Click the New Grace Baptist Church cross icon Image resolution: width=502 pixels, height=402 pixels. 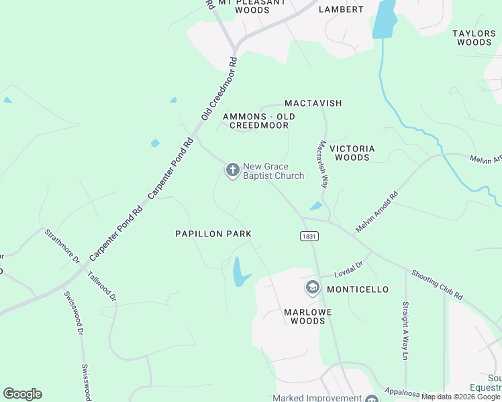click(232, 171)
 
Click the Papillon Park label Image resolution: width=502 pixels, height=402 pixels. click(213, 234)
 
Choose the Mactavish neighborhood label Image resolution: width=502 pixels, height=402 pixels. click(313, 103)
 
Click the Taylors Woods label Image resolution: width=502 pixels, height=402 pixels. click(474, 38)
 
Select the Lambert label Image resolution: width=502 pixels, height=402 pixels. click(341, 9)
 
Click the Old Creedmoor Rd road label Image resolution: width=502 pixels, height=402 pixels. click(219, 89)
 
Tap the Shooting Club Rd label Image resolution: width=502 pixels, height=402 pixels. click(437, 285)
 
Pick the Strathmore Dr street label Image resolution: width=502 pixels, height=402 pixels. click(62, 246)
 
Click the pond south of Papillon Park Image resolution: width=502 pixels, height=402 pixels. click(238, 271)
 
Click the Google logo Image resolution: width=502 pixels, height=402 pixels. click(22, 394)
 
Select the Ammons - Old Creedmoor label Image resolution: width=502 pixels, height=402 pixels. click(259, 121)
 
